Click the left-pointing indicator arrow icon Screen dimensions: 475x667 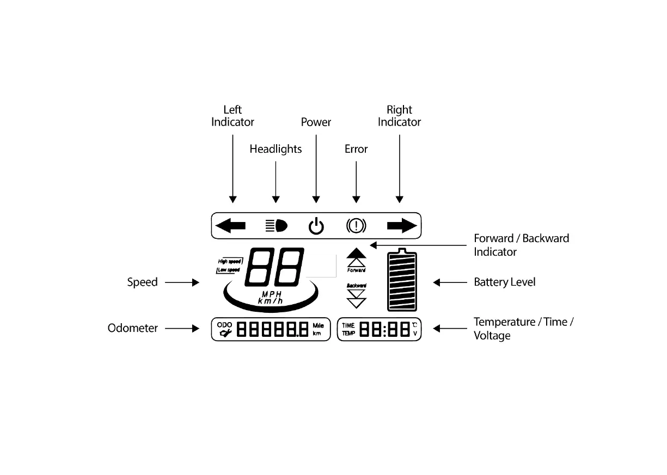click(x=231, y=225)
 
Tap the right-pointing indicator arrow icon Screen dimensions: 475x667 click(x=402, y=225)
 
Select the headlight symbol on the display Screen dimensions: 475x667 click(x=276, y=225)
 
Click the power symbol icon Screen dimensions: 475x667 click(x=316, y=226)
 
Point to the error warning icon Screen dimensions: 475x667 click(x=357, y=225)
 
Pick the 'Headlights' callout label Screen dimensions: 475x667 click(x=276, y=149)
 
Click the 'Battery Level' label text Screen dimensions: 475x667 click(x=505, y=282)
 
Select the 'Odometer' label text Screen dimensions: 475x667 click(x=133, y=328)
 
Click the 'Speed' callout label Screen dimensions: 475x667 click(x=142, y=282)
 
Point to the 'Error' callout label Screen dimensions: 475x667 click(x=356, y=149)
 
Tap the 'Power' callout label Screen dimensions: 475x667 click(x=316, y=122)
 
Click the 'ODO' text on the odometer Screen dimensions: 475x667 click(x=224, y=325)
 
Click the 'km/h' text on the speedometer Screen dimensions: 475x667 click(x=271, y=301)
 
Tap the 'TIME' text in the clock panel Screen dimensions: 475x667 click(x=348, y=325)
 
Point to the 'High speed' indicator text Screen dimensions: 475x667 click(x=230, y=262)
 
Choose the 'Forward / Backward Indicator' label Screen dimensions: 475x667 click(x=521, y=245)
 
